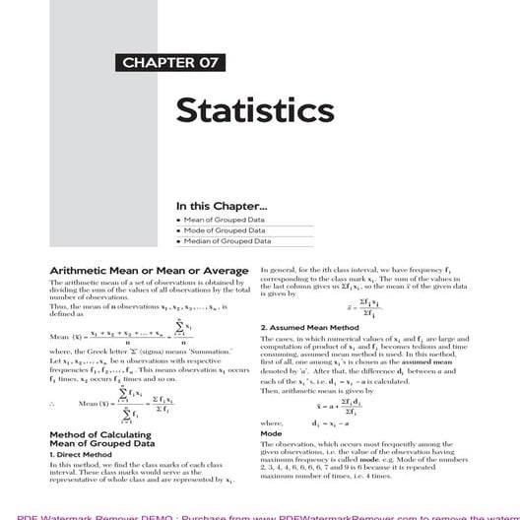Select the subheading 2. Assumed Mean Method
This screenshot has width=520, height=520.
click(x=308, y=326)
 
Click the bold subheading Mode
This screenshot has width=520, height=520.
click(x=271, y=433)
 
